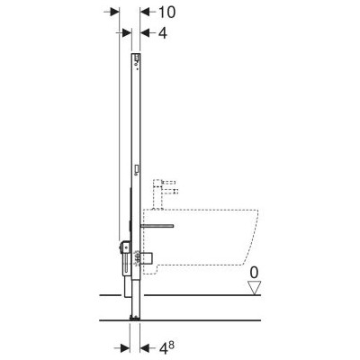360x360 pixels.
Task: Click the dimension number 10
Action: pos(166,12)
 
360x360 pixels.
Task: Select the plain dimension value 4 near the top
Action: pos(162,32)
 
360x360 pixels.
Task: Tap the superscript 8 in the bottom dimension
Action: pos(171,346)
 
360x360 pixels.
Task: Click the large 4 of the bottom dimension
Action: pos(162,348)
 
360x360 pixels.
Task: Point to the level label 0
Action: pos(254,273)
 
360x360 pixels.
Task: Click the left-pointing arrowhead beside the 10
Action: pos(145,12)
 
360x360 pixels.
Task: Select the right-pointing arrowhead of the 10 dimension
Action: pos(114,12)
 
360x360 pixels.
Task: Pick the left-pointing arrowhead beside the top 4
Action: pos(145,32)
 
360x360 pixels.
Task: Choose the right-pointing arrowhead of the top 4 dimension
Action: pos(127,32)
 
